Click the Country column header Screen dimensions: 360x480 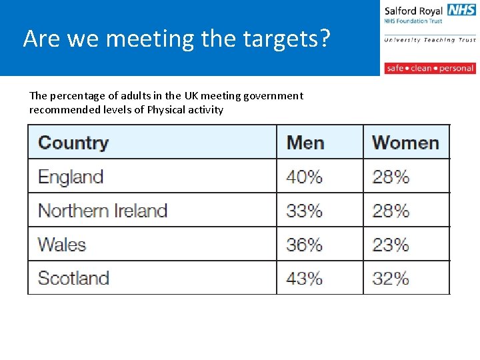(x=73, y=143)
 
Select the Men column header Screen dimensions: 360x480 (x=305, y=143)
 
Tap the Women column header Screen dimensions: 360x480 (x=405, y=143)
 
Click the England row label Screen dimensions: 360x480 (x=71, y=177)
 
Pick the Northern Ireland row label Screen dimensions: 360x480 (x=103, y=211)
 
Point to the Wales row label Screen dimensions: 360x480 (x=62, y=244)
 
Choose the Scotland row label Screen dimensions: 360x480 (x=73, y=277)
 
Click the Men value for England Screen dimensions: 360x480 (x=304, y=177)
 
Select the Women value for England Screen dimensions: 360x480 (x=391, y=177)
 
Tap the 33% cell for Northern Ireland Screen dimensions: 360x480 (x=304, y=211)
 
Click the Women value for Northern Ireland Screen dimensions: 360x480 (x=391, y=211)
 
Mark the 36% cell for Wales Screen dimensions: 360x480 (x=304, y=244)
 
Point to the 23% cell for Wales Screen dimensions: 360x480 (x=391, y=244)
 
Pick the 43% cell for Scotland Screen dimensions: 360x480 (x=304, y=277)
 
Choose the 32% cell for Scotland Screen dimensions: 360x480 (x=391, y=277)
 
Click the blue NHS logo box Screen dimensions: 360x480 (x=461, y=10)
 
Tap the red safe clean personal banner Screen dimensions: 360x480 (x=429, y=68)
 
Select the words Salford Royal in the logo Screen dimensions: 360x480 (x=413, y=11)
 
